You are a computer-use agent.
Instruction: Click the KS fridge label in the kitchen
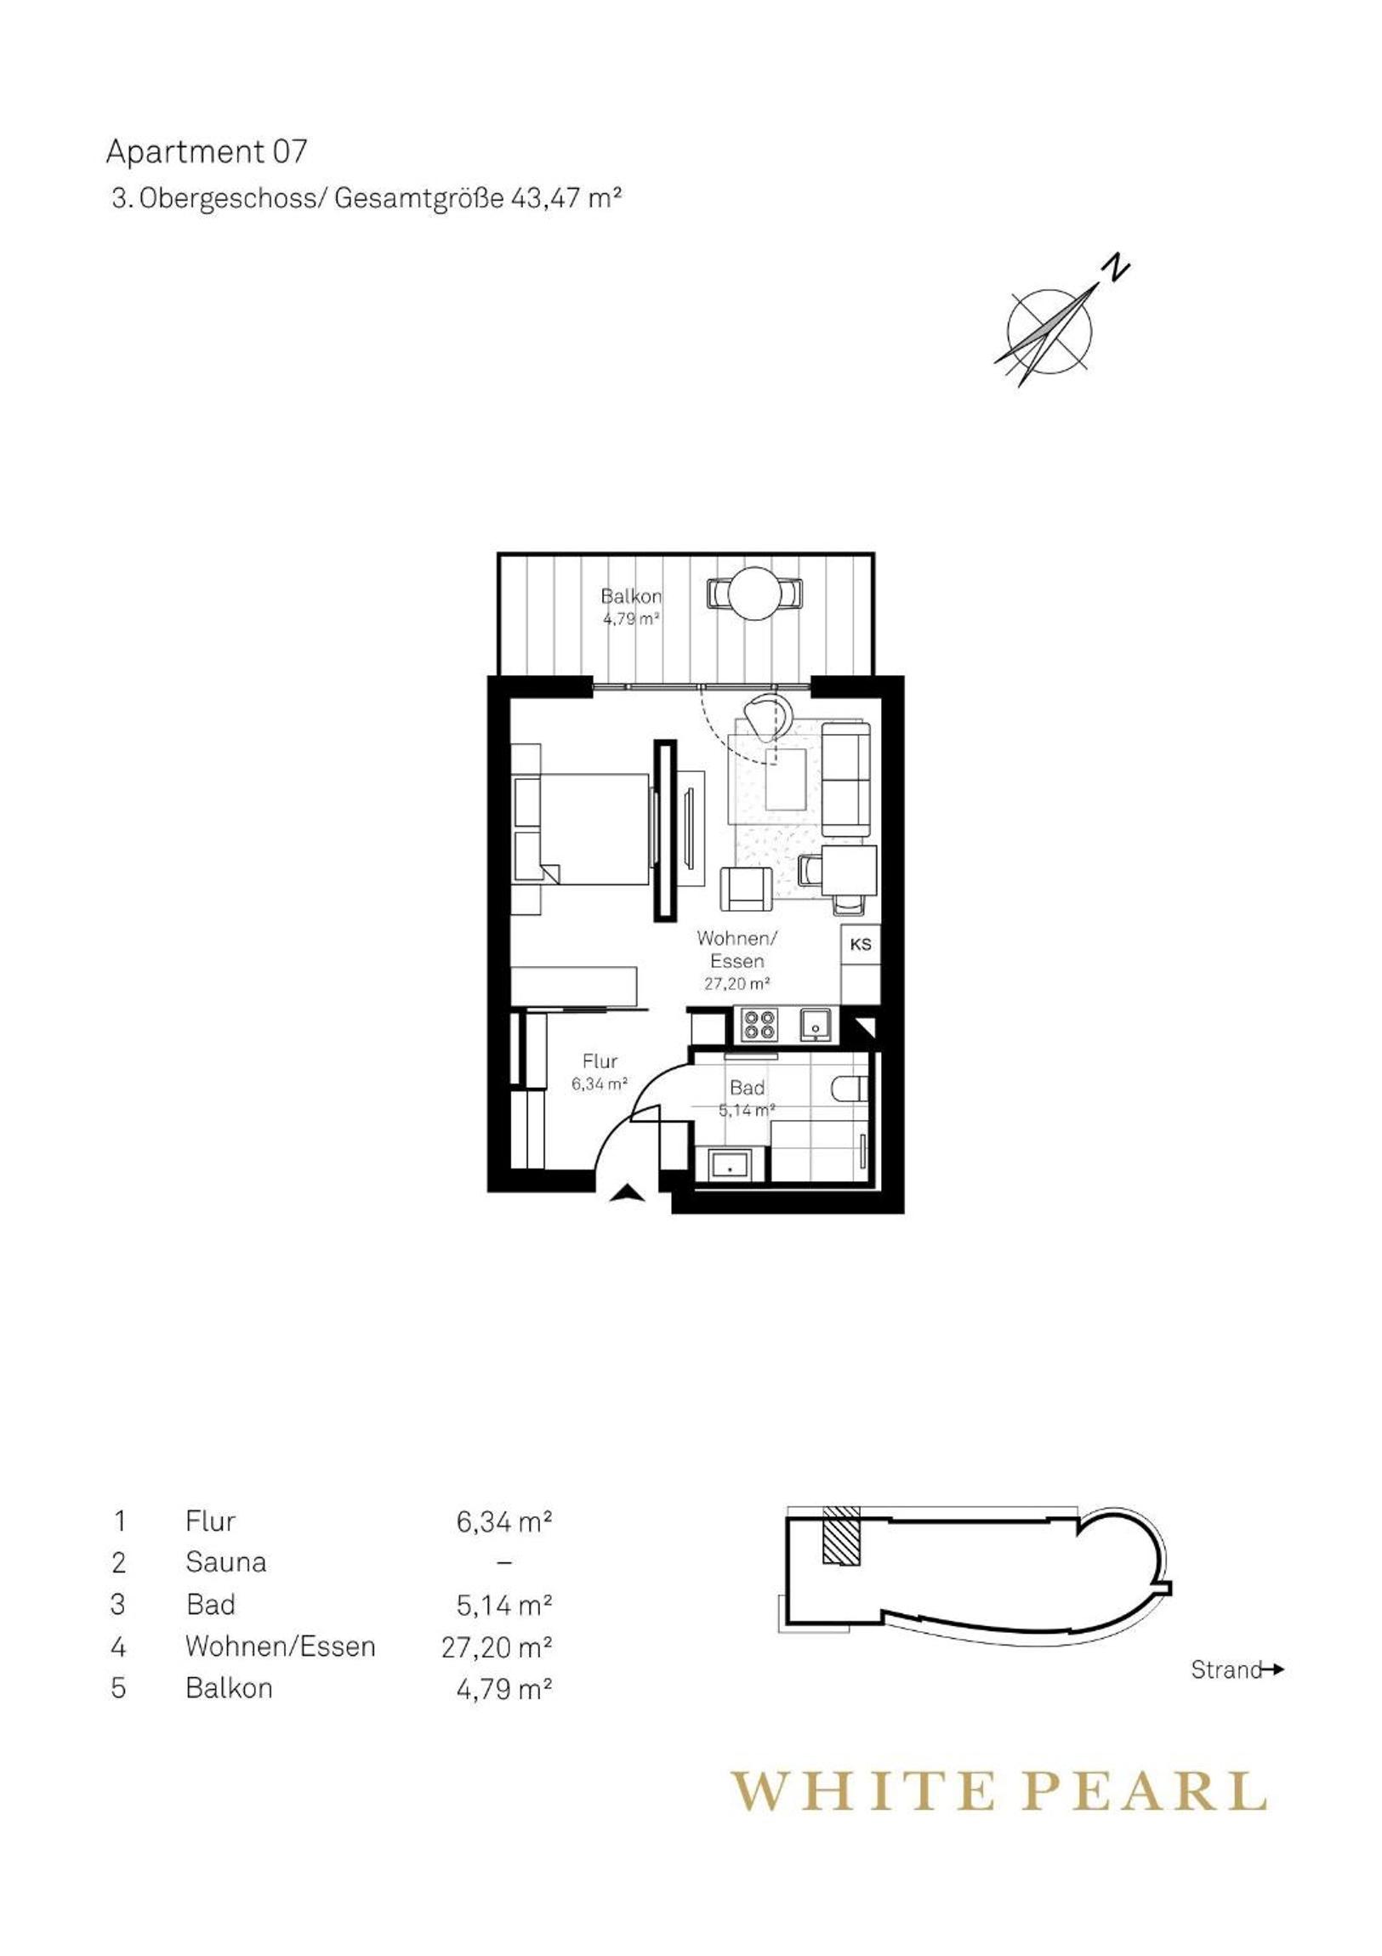coord(861,945)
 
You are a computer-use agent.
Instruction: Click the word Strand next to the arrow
coord(1226,1670)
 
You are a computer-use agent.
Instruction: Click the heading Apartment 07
coord(205,151)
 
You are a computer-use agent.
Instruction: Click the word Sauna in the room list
coord(225,1562)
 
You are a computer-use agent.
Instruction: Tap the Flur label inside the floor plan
coord(600,1061)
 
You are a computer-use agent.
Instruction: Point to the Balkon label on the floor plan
coord(631,596)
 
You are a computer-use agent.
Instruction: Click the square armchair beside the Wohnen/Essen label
coord(748,888)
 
